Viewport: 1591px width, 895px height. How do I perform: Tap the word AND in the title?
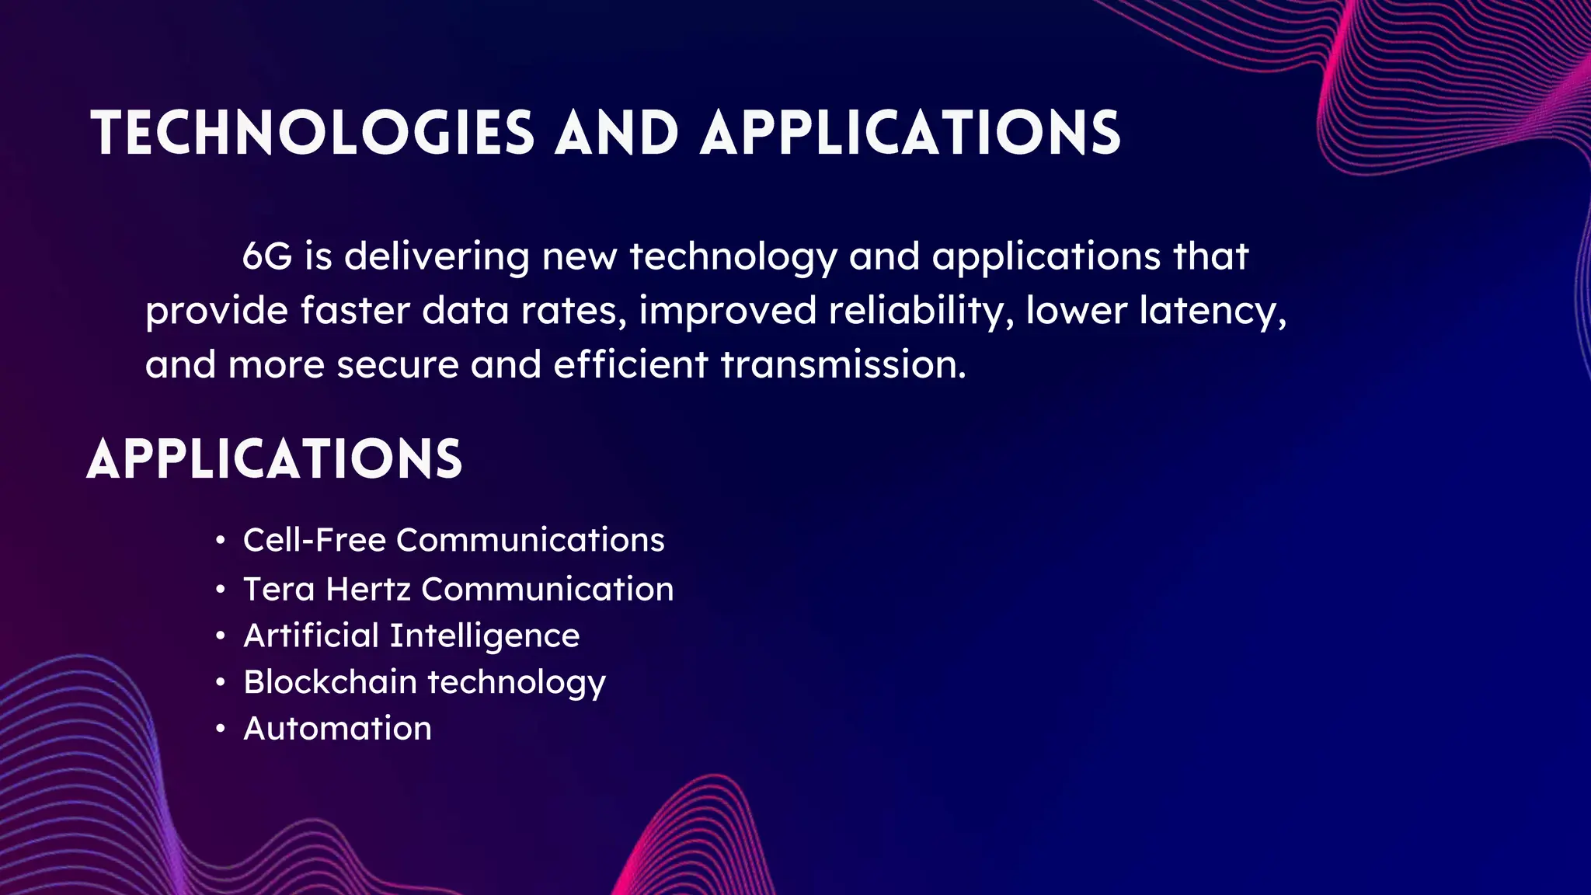coord(617,133)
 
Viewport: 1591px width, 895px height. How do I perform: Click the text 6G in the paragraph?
coord(266,256)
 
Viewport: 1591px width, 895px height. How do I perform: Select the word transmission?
coord(843,364)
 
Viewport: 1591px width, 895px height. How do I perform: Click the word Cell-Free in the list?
coord(315,540)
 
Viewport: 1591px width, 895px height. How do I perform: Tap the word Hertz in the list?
coord(368,589)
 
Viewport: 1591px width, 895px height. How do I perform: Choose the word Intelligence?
coord(485,636)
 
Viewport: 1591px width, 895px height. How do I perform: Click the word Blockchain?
coord(330,682)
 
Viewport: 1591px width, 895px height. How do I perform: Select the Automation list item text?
coord(337,729)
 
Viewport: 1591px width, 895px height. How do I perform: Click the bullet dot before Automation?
coord(221,730)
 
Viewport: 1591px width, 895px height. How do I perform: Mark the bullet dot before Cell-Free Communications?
coord(221,541)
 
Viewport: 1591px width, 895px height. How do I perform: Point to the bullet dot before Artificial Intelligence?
coord(221,636)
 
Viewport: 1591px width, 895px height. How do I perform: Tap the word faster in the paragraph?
coord(355,311)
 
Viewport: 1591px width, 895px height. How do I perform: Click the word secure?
coord(397,364)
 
